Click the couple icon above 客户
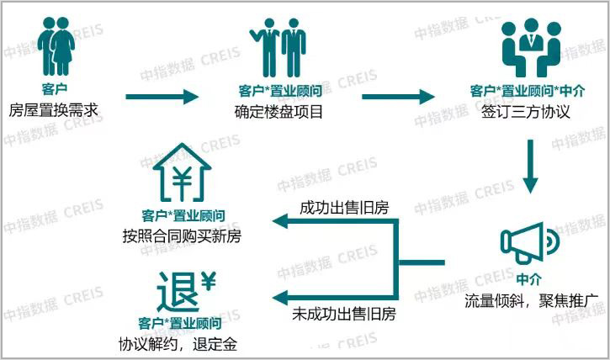[56, 46]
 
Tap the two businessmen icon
[278, 48]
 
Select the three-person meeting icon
[532, 48]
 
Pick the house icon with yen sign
[182, 172]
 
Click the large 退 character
[178, 293]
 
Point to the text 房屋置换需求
[53, 110]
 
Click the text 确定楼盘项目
[278, 112]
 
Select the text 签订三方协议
[525, 112]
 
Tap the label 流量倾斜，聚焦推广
[532, 300]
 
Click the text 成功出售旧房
[344, 208]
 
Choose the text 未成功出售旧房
[344, 314]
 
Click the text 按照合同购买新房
[182, 236]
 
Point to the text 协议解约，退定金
[178, 345]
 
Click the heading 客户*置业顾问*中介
[528, 91]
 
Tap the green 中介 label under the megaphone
[529, 279]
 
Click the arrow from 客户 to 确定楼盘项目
[162, 97]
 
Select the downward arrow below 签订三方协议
[531, 167]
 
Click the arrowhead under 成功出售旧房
[280, 221]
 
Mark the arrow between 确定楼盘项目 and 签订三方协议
[398, 97]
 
